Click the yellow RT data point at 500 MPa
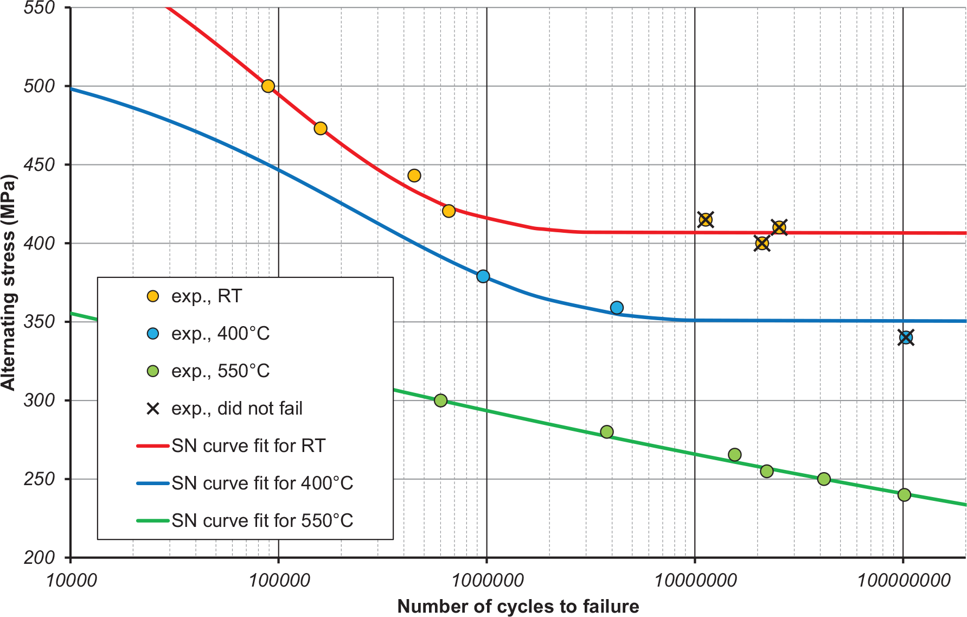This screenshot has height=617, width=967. (x=268, y=86)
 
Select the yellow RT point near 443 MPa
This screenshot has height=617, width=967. (x=414, y=176)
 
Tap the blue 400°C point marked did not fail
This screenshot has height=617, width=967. (x=905, y=338)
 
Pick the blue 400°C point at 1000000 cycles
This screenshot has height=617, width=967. (x=483, y=277)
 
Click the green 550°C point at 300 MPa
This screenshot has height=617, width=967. (x=440, y=400)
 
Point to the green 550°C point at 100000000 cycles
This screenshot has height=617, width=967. (x=904, y=495)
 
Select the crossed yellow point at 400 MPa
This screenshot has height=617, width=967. (x=761, y=243)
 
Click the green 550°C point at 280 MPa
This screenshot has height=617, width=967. (x=607, y=432)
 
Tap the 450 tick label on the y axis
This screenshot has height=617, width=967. (x=40, y=165)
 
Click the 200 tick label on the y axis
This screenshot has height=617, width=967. (x=40, y=558)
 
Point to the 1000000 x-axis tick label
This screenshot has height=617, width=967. (x=487, y=581)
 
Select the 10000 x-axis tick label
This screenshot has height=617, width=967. (x=71, y=581)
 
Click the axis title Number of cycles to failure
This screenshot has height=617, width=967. (x=518, y=606)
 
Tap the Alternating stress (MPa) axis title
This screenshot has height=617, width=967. (x=9, y=282)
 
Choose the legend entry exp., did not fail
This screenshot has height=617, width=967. (x=236, y=409)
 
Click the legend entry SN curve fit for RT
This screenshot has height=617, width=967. (x=248, y=446)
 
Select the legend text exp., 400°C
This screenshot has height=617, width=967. (x=220, y=334)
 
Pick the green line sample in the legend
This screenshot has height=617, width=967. (x=153, y=521)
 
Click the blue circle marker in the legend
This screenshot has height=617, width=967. (x=153, y=334)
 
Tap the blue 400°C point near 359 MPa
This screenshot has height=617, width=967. (x=617, y=308)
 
